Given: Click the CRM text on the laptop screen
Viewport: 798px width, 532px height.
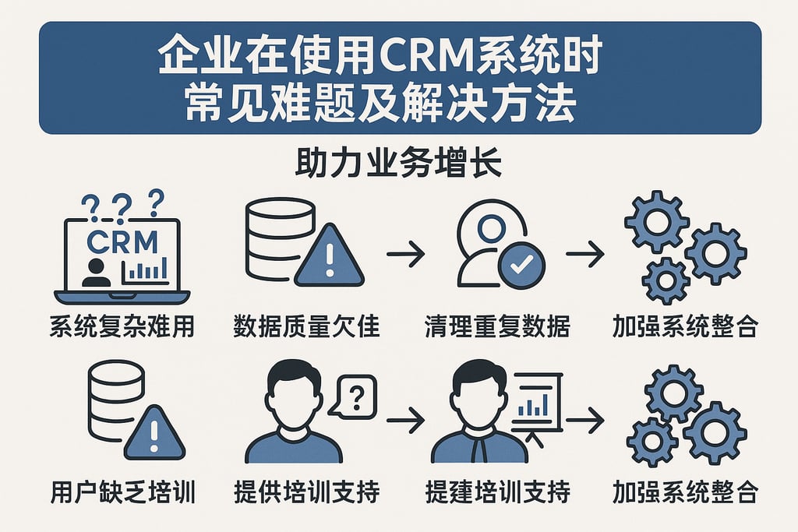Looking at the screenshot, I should coord(122,241).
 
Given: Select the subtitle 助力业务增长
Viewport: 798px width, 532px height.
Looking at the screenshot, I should coord(398,167).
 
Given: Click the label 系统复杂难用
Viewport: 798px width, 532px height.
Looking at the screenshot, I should coord(122,326).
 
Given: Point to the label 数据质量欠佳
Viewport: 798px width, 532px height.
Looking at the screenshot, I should coord(306,326).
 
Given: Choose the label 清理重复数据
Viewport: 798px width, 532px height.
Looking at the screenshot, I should coord(497,326).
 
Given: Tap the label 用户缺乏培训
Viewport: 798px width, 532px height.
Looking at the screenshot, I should coord(122,491).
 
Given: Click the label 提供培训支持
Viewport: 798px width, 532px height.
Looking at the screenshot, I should coord(306,491).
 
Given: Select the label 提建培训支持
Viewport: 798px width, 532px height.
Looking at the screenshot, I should coord(497,491).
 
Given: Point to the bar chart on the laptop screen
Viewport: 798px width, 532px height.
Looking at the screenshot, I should coord(146,270).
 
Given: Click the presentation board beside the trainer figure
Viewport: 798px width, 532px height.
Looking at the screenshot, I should coord(537,401).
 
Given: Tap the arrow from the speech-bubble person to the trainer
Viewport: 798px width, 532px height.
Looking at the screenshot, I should coord(405,421).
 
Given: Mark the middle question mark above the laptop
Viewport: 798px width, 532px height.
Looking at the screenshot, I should coord(122,207).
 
